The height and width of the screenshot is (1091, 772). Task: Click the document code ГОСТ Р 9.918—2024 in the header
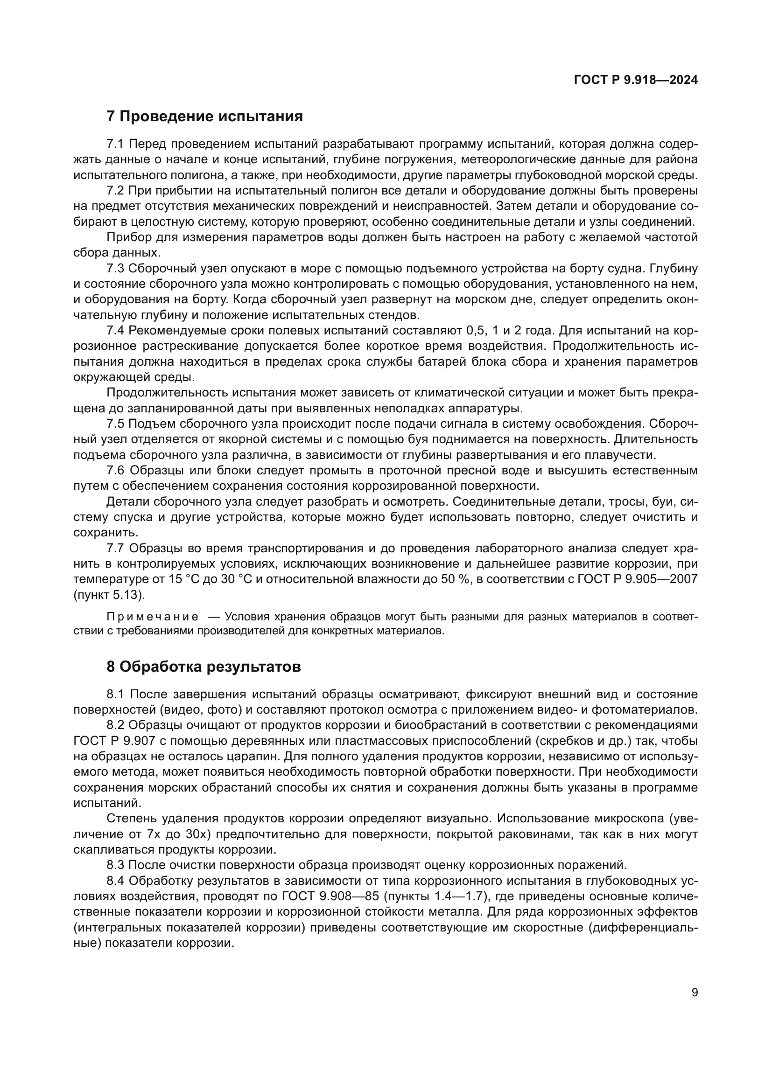point(636,80)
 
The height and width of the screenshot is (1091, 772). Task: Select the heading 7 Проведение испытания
point(204,117)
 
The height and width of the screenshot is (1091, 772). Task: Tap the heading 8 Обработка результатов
point(204,667)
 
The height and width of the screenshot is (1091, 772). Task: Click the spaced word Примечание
point(153,617)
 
